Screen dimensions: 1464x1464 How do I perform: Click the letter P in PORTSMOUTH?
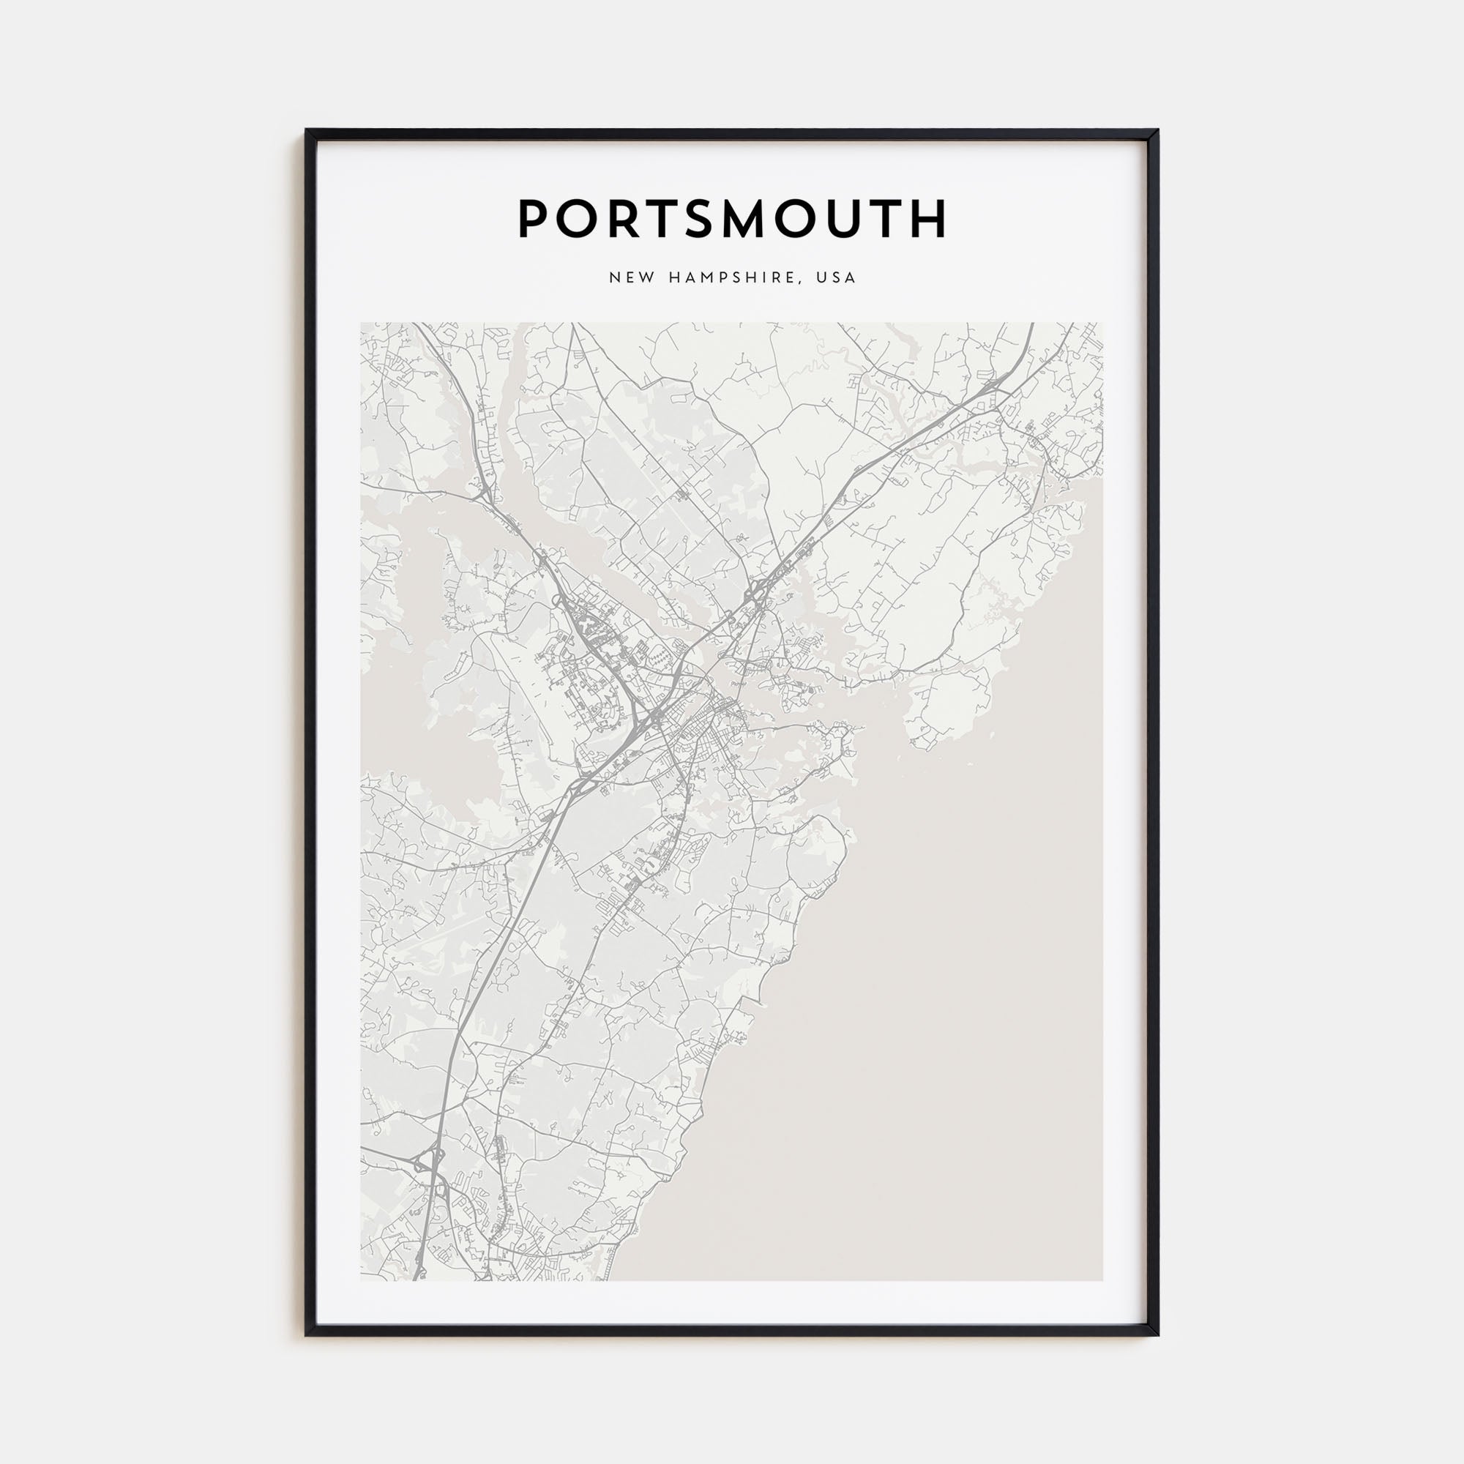[534, 219]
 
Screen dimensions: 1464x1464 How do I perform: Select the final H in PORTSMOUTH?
[929, 219]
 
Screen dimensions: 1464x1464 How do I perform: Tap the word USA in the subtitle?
[836, 277]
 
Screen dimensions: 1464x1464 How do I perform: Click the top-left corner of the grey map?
[362, 324]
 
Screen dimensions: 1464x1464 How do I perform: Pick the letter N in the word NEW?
[614, 277]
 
